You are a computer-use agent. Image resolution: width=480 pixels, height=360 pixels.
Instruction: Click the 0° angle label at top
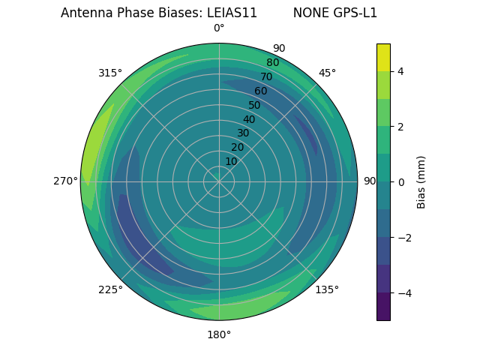click(219, 28)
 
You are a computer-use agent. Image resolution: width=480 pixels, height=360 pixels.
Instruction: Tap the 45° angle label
click(327, 73)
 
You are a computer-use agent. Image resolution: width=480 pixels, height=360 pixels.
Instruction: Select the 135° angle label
click(327, 289)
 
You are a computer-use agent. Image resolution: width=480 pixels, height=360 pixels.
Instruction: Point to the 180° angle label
click(219, 334)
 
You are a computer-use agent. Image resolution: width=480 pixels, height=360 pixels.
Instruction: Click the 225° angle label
click(110, 290)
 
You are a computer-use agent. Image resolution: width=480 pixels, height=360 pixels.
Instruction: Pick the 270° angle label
click(65, 181)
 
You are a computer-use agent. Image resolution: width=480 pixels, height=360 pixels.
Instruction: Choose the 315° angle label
click(110, 73)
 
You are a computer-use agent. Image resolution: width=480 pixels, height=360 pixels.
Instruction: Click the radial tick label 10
click(231, 161)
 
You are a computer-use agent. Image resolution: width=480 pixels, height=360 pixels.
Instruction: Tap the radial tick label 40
click(249, 120)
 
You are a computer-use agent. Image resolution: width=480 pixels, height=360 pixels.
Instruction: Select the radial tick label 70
click(266, 76)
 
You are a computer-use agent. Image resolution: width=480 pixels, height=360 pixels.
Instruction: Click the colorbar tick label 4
click(400, 71)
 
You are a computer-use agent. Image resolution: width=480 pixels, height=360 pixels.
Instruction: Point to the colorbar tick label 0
click(400, 182)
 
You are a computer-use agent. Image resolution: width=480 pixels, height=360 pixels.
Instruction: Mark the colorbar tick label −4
click(402, 293)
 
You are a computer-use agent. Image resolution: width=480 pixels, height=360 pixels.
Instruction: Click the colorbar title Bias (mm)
click(421, 182)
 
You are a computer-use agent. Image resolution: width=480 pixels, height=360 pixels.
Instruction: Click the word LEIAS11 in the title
click(232, 13)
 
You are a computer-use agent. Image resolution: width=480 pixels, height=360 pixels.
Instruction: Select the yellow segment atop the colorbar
click(383, 57)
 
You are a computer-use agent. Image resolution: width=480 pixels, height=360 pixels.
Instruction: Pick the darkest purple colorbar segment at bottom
click(383, 307)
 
